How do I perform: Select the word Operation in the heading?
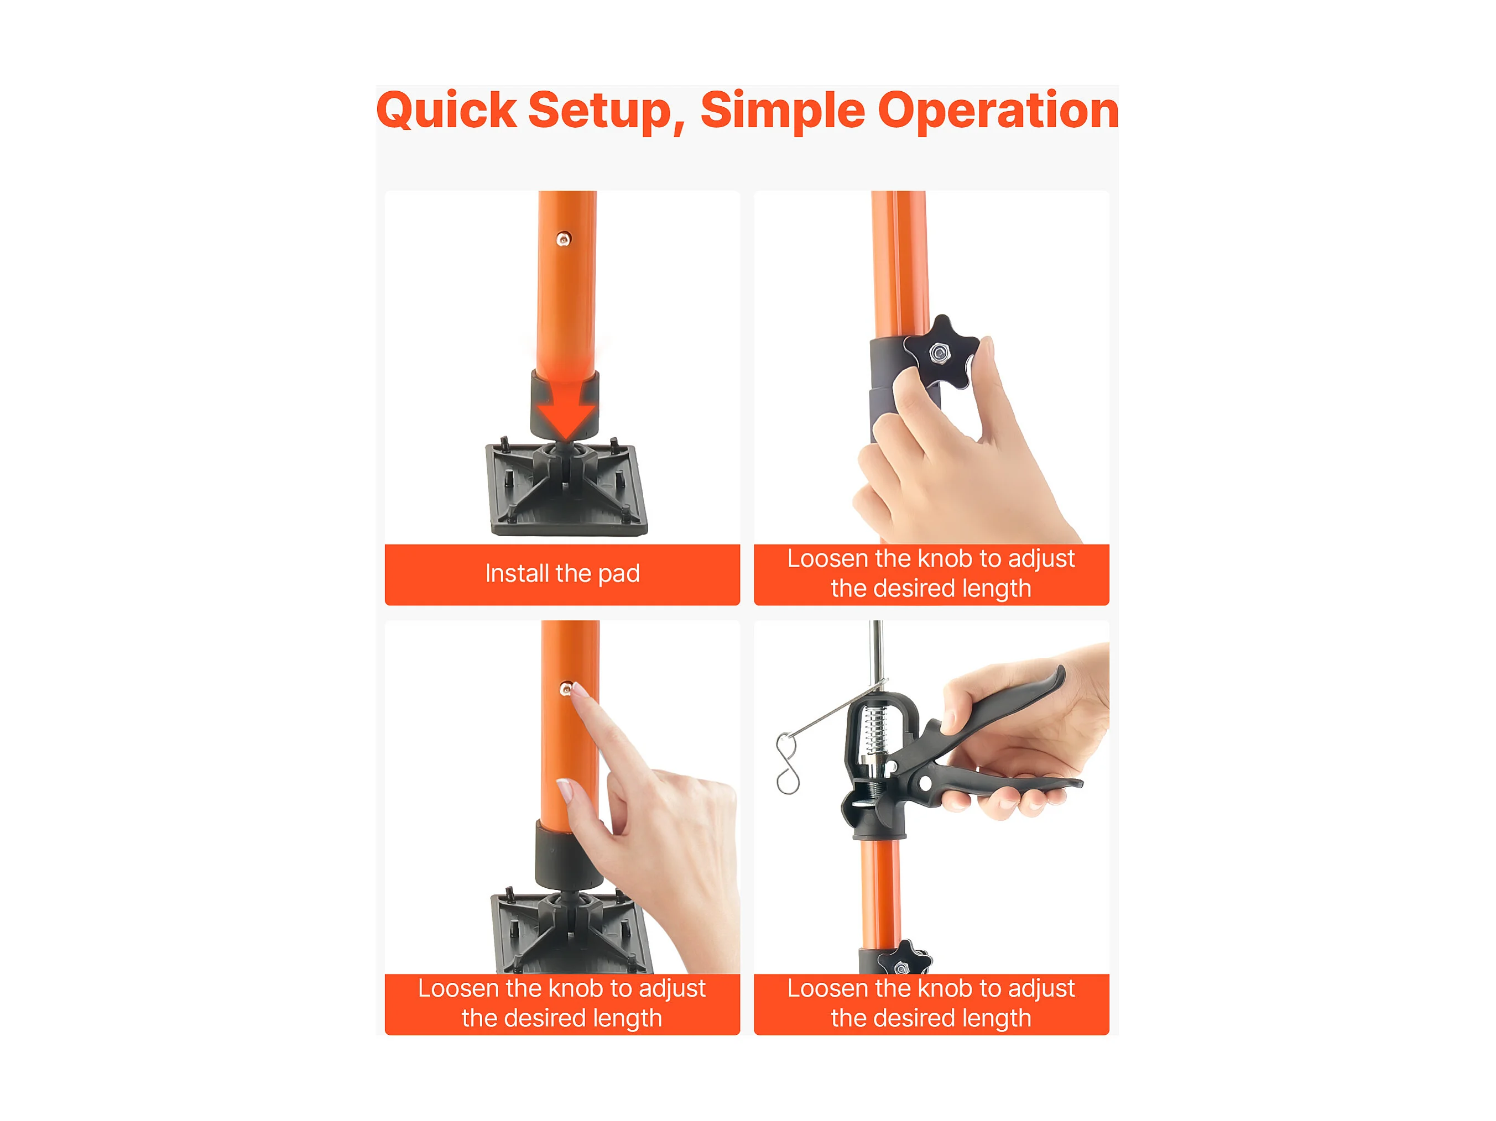point(998,112)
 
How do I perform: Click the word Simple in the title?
point(783,112)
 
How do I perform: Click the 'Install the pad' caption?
point(562,573)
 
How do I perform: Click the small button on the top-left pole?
point(564,239)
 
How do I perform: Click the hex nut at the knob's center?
point(939,352)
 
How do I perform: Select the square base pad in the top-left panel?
point(567,489)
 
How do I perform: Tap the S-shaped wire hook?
point(787,764)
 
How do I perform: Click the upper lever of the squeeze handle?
point(1001,710)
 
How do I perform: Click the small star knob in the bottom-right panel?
point(904,958)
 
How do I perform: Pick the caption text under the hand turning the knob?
point(931,573)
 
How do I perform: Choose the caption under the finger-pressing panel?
point(562,1003)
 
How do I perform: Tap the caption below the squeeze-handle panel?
point(931,1003)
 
